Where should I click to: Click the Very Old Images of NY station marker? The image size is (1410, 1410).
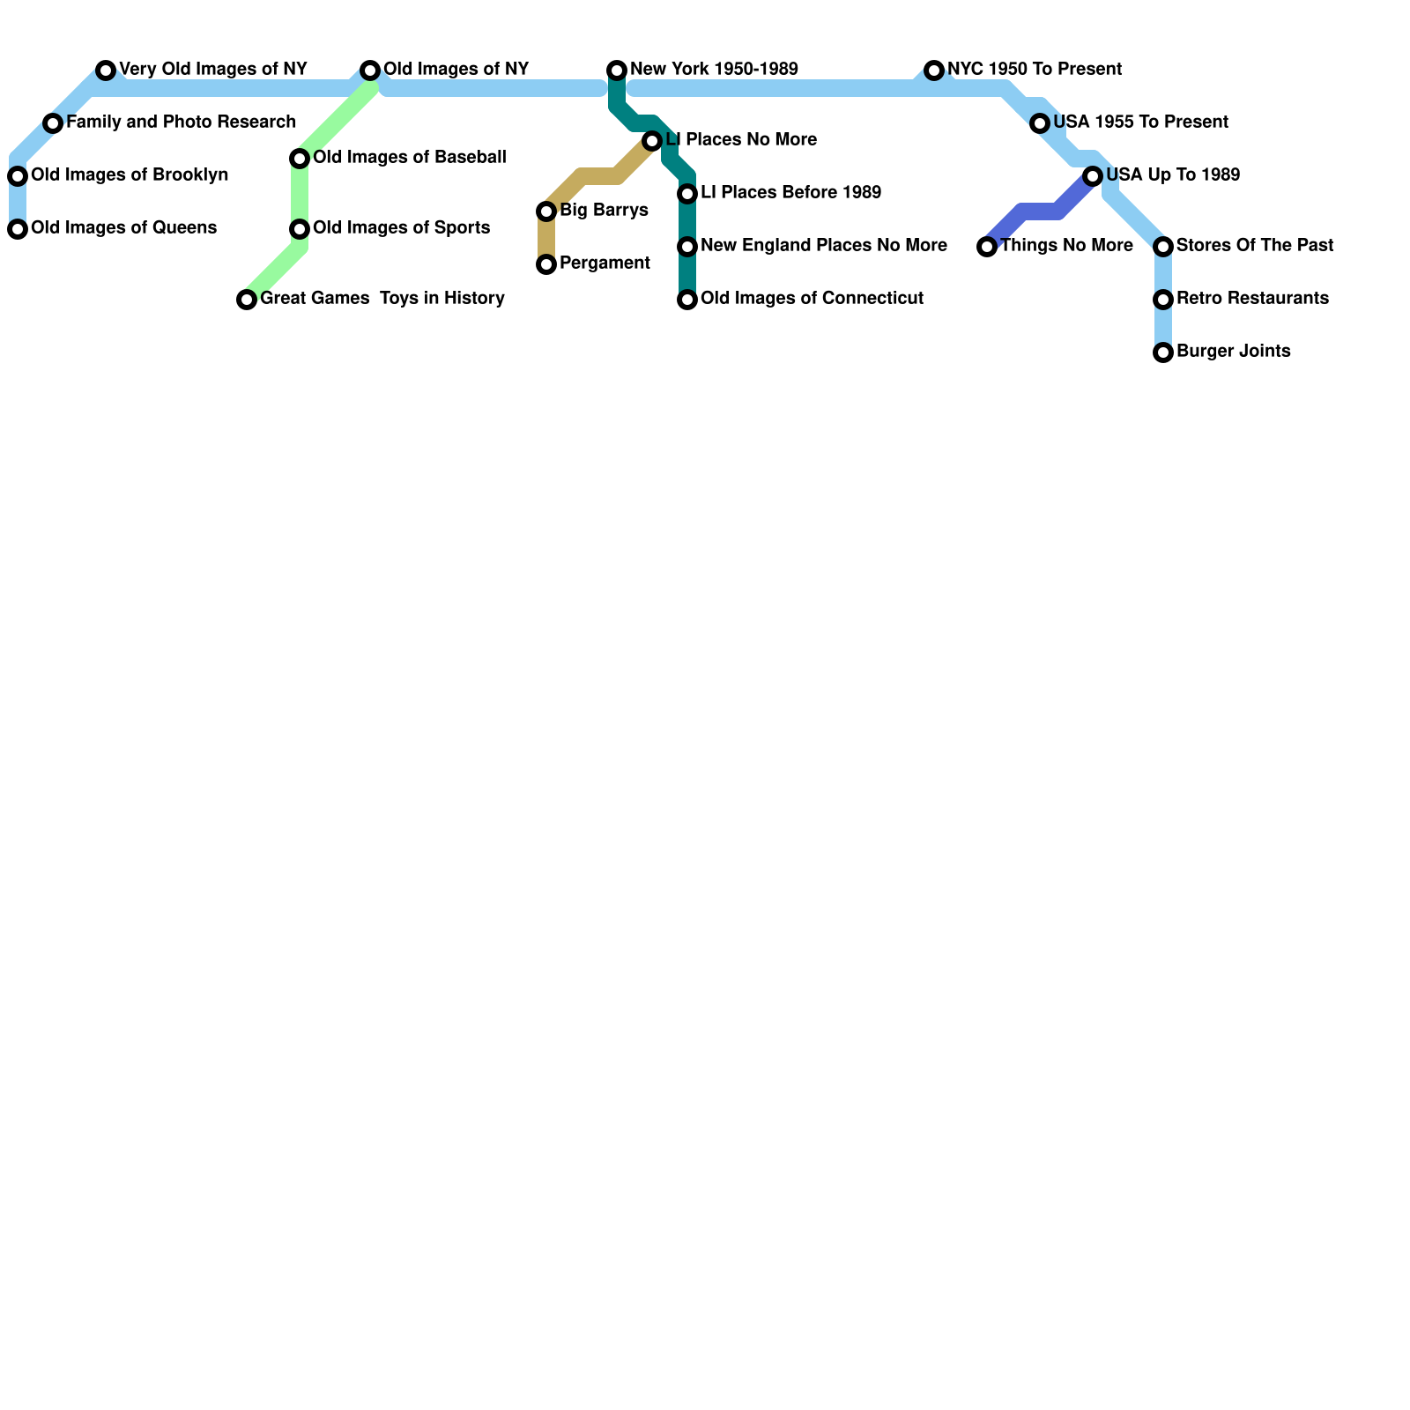(106, 70)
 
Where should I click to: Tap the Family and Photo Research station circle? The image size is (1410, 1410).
(53, 123)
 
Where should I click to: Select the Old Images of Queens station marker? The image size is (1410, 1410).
(18, 229)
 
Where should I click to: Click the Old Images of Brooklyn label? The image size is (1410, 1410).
(130, 175)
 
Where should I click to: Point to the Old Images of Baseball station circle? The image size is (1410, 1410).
(300, 159)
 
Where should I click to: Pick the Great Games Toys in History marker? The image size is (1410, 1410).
(247, 300)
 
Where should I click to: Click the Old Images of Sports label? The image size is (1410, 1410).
(401, 228)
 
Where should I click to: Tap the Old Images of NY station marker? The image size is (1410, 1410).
(370, 70)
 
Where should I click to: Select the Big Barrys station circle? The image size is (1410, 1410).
(546, 211)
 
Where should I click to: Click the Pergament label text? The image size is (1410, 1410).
(605, 263)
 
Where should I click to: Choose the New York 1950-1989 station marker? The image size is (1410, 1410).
(617, 70)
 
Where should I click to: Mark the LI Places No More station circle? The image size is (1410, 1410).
(652, 141)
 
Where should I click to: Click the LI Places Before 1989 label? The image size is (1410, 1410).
(790, 193)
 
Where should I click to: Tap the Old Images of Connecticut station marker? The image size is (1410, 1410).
(687, 300)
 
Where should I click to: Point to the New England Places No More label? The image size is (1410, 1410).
(823, 246)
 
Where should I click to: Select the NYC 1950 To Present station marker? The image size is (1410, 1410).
(934, 70)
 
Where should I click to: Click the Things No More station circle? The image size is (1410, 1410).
(987, 247)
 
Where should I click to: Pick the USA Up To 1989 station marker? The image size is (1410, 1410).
(1093, 176)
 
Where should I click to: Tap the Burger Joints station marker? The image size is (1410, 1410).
(1163, 352)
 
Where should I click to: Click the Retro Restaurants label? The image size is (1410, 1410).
(1252, 299)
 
